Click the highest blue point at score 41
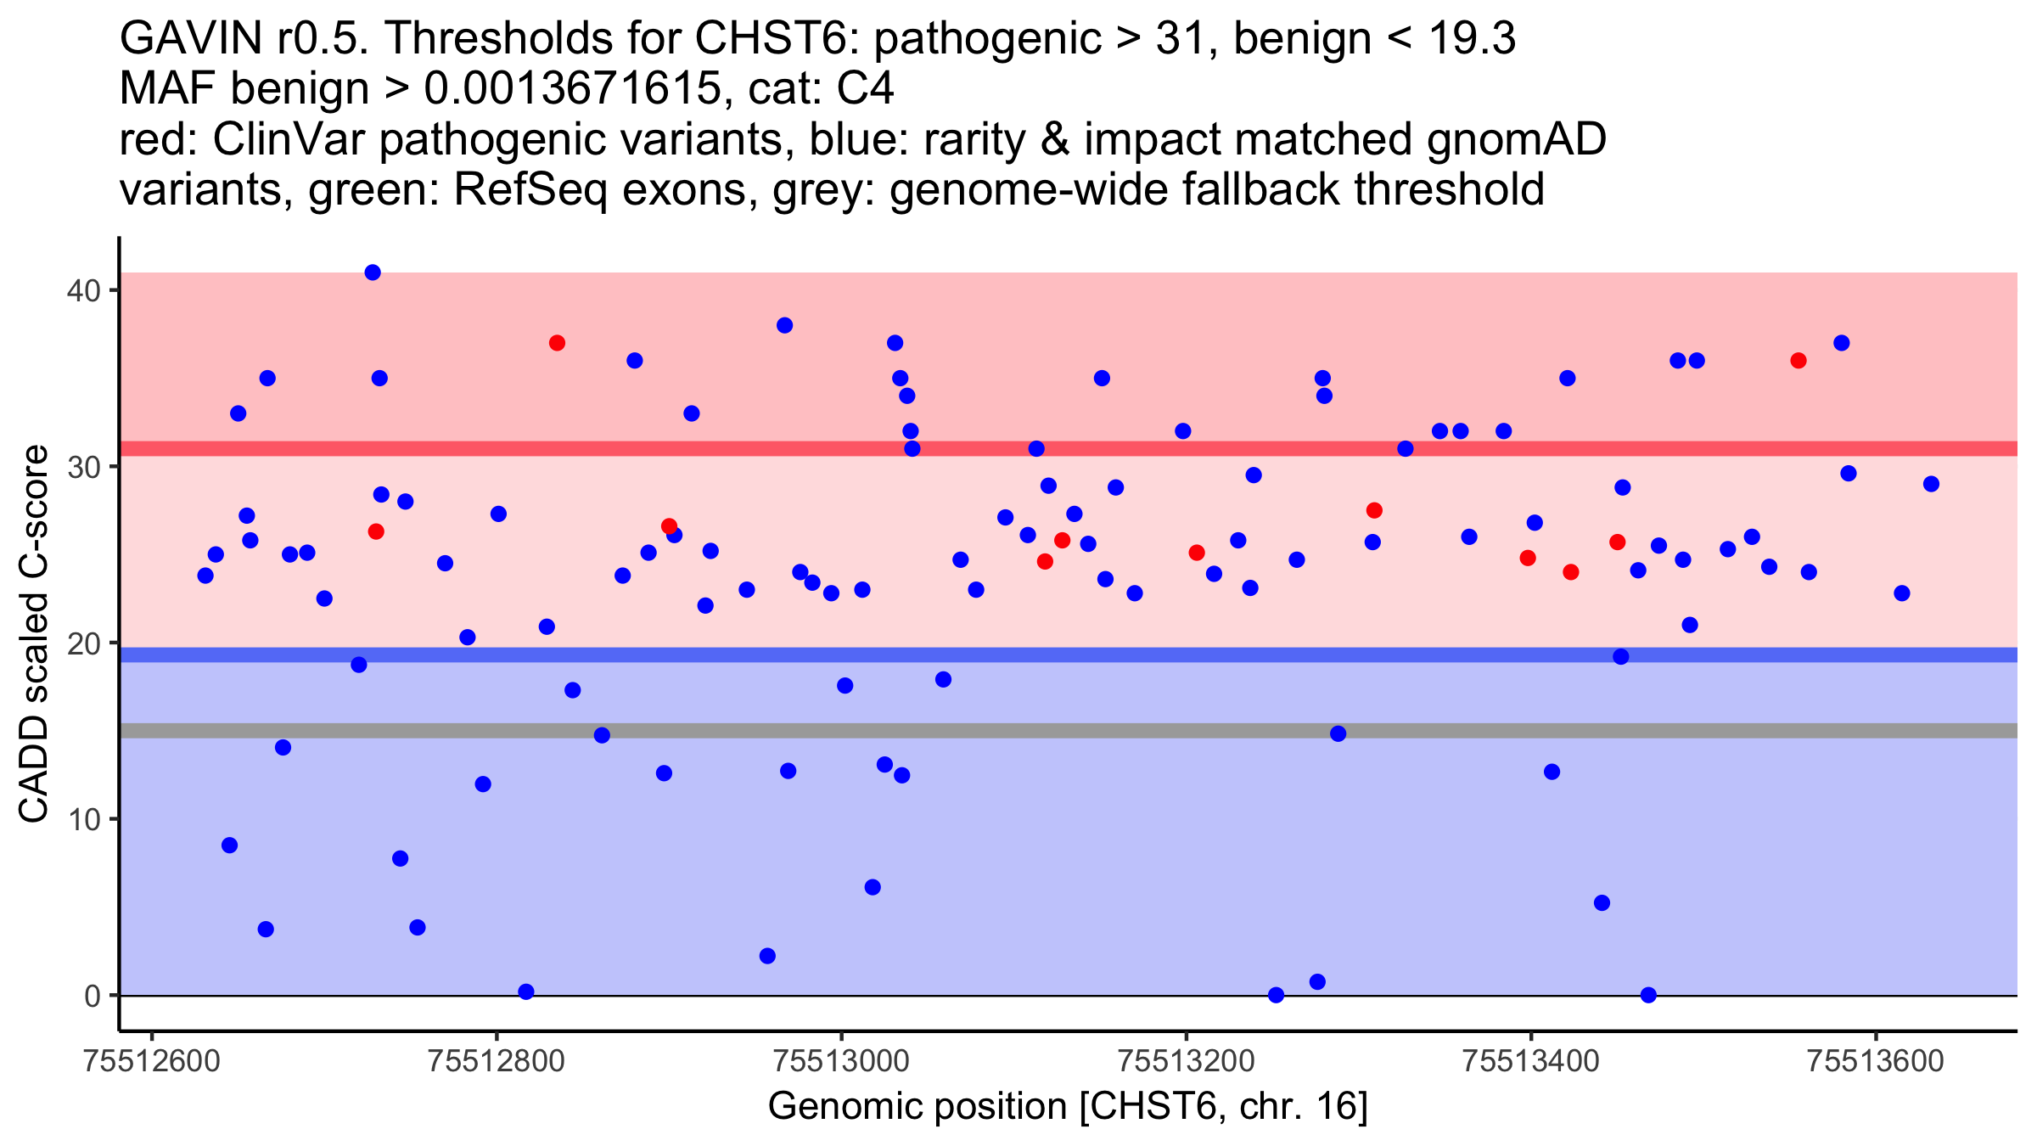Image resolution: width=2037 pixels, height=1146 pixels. tap(373, 272)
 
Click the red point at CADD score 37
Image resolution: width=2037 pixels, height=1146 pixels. tap(557, 343)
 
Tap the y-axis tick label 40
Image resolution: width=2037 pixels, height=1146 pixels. tap(84, 290)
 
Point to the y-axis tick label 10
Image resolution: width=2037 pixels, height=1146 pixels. tap(84, 819)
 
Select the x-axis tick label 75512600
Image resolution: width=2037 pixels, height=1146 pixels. tap(153, 1061)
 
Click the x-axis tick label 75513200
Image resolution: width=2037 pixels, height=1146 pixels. tap(1187, 1061)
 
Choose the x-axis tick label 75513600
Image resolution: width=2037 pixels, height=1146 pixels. tap(1876, 1061)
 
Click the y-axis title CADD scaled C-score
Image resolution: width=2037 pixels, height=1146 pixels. tap(34, 634)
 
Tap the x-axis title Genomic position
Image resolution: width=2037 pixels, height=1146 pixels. tap(917, 1107)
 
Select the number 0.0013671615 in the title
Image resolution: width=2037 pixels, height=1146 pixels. tap(572, 88)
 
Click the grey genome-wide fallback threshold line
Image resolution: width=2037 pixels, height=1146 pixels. tap(1069, 731)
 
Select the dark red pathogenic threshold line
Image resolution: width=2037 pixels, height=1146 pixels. tap(1069, 448)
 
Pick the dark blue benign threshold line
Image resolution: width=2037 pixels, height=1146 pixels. tap(1069, 654)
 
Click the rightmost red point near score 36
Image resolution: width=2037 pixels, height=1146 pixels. tap(1799, 361)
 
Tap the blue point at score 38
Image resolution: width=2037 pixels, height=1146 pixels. tap(784, 325)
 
